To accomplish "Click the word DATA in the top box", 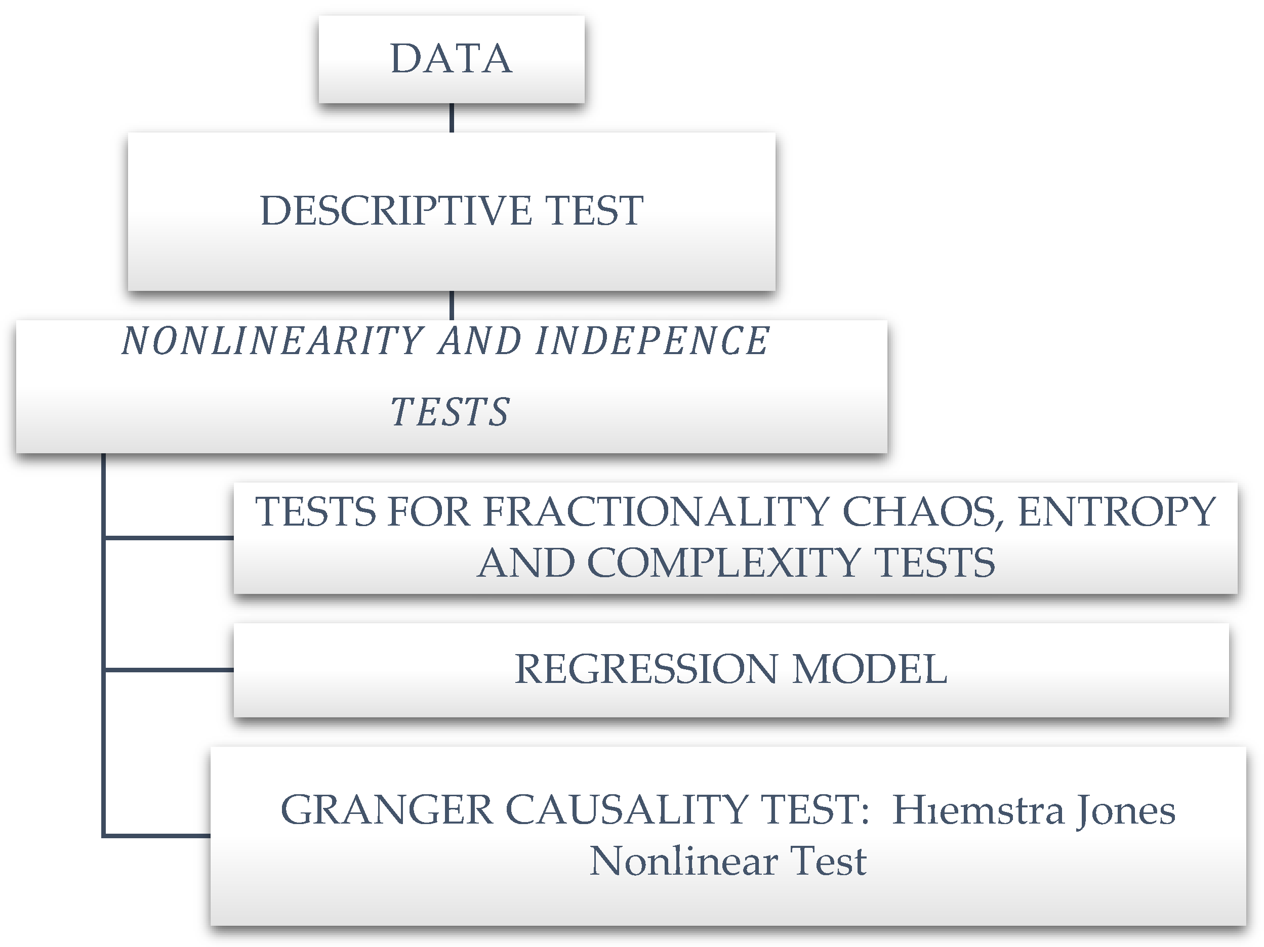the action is pyautogui.click(x=451, y=59).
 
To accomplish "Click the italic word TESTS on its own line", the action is pyautogui.click(x=450, y=412).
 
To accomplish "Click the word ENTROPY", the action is pyautogui.click(x=1117, y=511).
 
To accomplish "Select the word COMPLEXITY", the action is pyautogui.click(x=723, y=563).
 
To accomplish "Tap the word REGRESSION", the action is pyautogui.click(x=646, y=669).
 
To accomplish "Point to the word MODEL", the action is pyautogui.click(x=870, y=669).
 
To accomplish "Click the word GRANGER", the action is pyautogui.click(x=387, y=810).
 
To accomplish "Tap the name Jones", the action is pyautogui.click(x=1126, y=810).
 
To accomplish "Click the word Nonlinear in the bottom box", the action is pyautogui.click(x=683, y=861).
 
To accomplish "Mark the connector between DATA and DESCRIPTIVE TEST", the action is pyautogui.click(x=452, y=118).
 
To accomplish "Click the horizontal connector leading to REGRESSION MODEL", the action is pyautogui.click(x=169, y=669).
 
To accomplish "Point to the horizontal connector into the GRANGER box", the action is pyautogui.click(x=157, y=836).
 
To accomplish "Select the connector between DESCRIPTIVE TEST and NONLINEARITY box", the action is pyautogui.click(x=452, y=305).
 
